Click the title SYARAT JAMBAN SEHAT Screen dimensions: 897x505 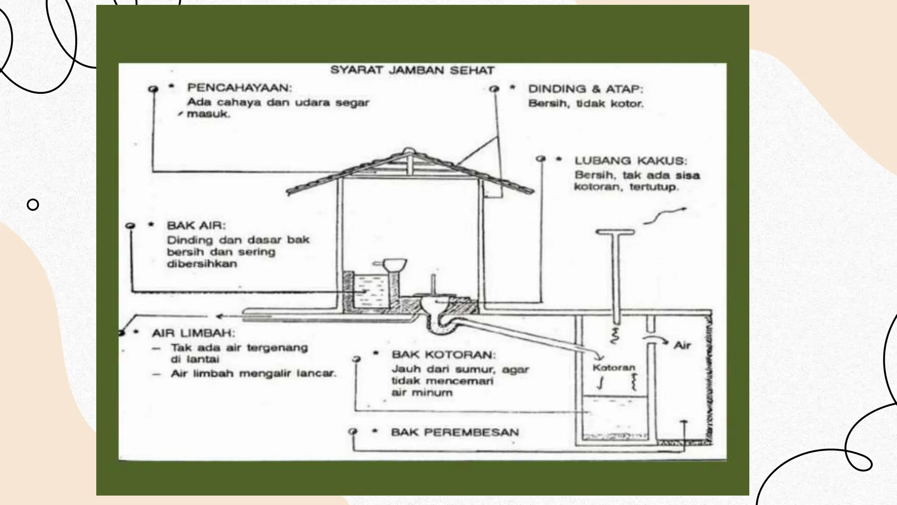coord(412,70)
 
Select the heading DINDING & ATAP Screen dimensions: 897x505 coord(586,89)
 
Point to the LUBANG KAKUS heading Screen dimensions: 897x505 coord(631,161)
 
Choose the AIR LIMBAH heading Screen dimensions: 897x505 coord(193,333)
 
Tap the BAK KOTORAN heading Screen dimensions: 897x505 coord(444,354)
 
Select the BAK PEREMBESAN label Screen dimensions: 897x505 coord(455,432)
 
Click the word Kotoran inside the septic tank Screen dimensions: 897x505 coord(614,367)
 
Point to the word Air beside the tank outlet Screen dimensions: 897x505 coord(682,345)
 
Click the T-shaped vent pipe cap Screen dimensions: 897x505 coord(615,232)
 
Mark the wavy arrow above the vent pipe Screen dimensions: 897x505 coord(664,216)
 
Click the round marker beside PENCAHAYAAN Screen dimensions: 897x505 coord(153,89)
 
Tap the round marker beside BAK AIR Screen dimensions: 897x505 coord(130,225)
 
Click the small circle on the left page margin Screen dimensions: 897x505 coord(33,204)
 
